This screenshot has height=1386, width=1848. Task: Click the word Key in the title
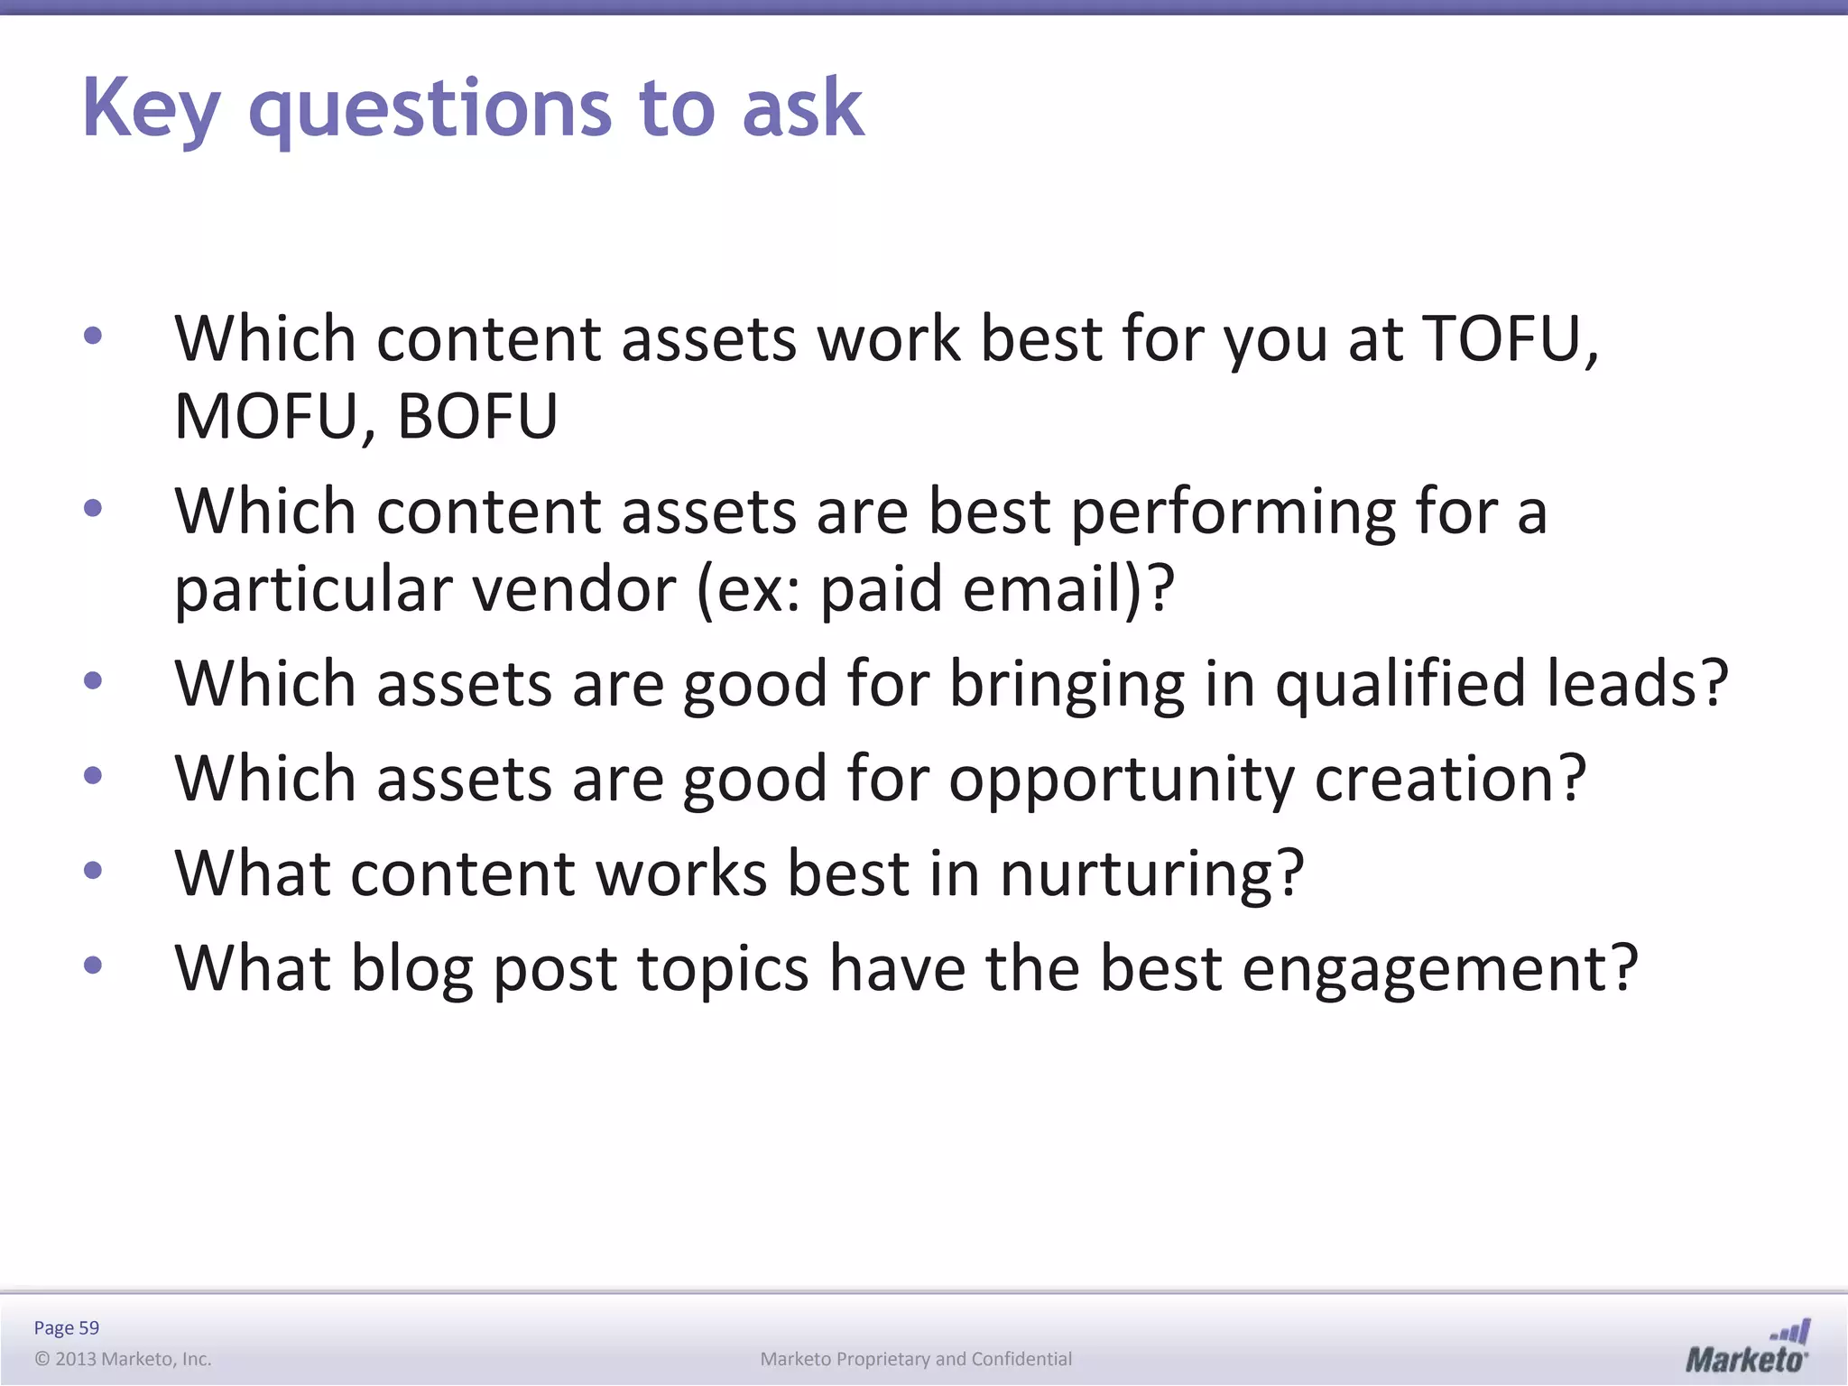point(151,108)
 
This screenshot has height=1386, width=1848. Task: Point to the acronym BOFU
point(476,417)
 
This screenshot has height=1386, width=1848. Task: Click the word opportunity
point(1122,779)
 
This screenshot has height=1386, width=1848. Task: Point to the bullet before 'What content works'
point(93,871)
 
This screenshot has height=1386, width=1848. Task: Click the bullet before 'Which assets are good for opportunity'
point(93,775)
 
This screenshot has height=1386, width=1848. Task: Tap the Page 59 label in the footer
point(66,1327)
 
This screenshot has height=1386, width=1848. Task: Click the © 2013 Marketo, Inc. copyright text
point(123,1359)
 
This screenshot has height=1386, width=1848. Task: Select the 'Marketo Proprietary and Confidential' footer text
point(916,1359)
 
